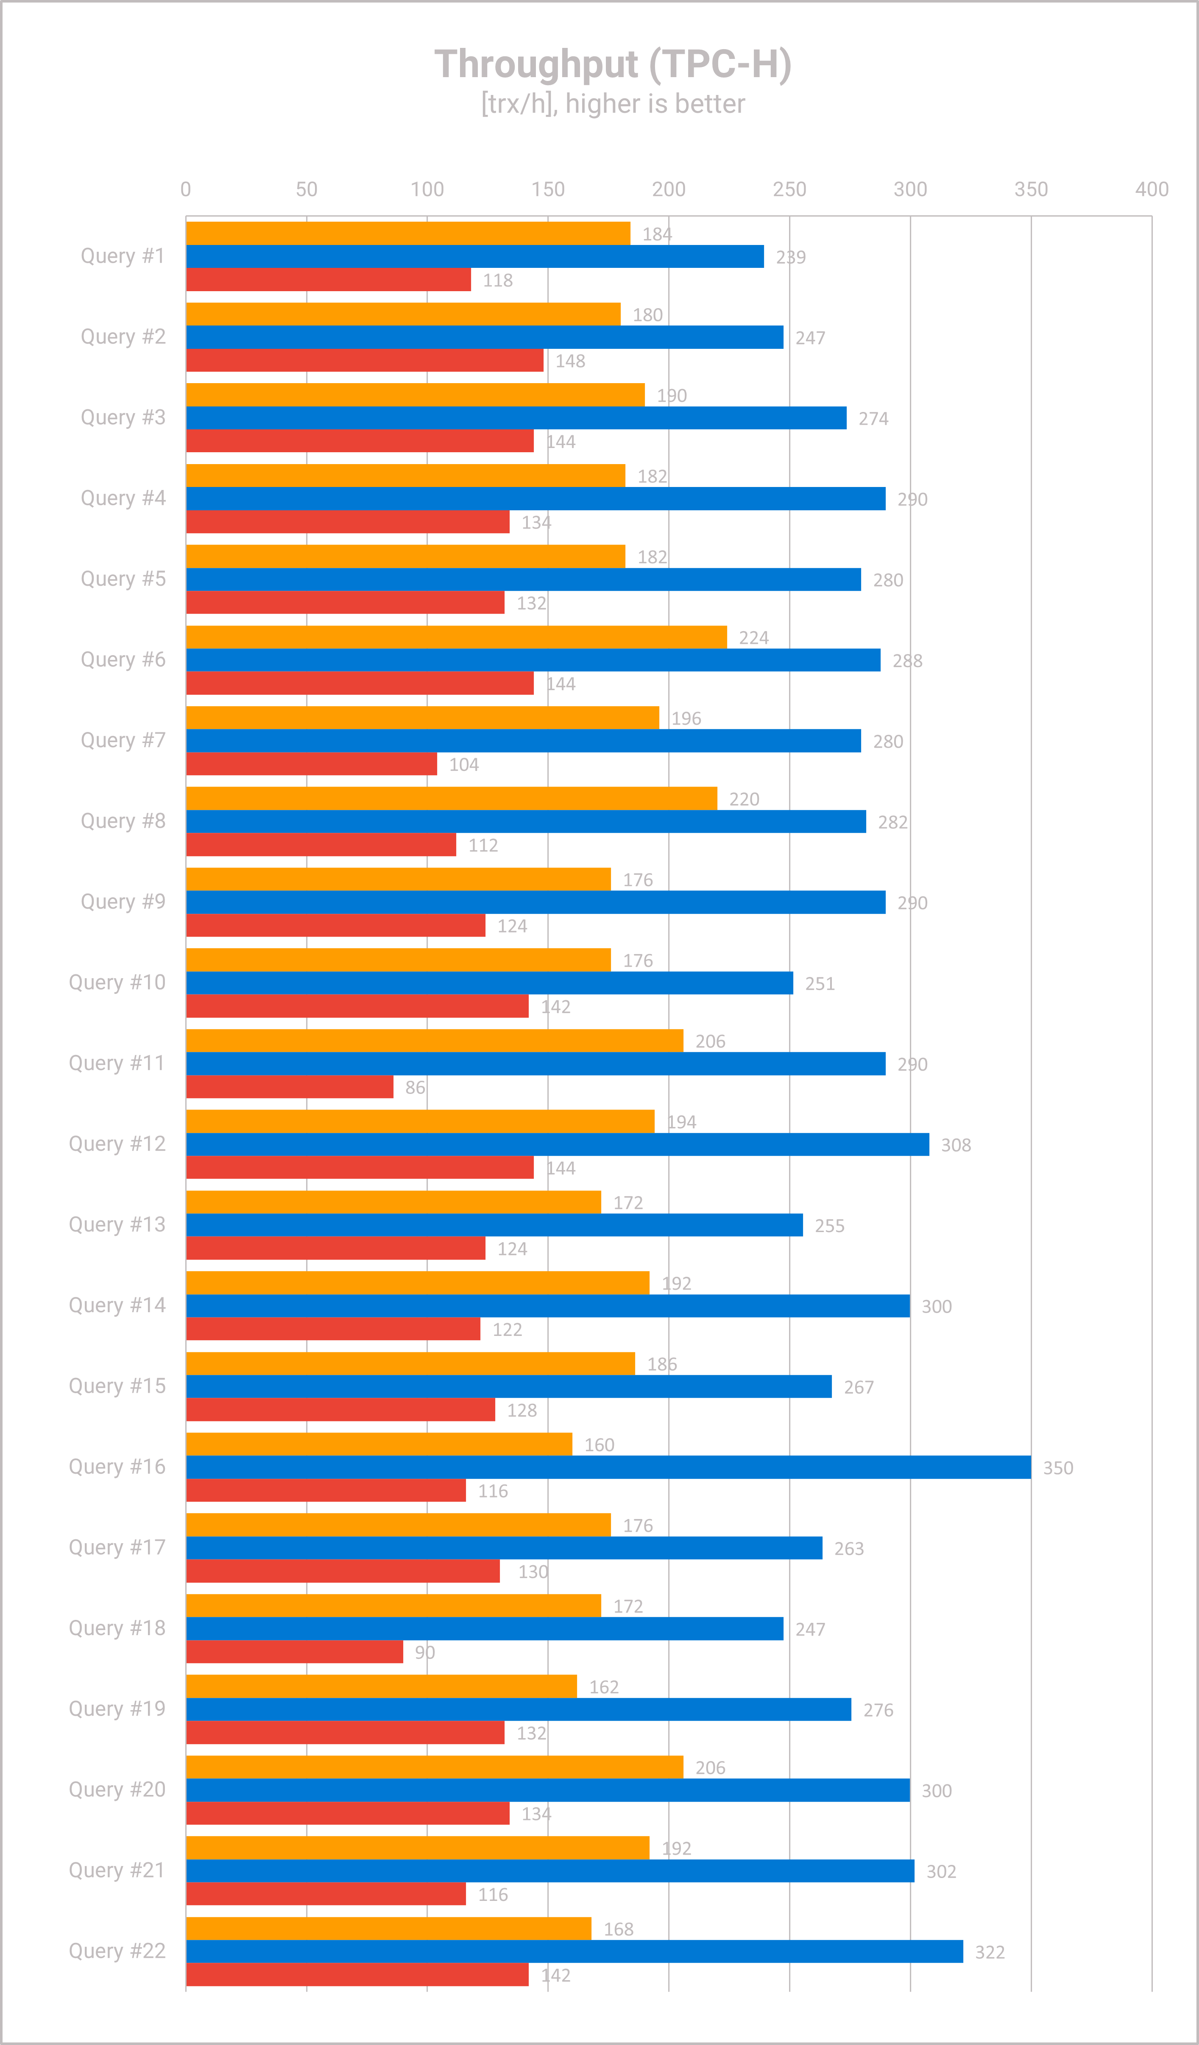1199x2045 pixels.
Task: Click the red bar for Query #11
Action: [x=290, y=1087]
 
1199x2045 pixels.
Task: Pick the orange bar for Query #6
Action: [x=456, y=637]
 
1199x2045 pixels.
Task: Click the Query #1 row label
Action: [x=123, y=256]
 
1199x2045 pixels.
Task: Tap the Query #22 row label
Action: [x=117, y=1951]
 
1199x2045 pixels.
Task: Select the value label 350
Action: [x=1058, y=1468]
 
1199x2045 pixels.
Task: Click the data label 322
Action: [x=990, y=1953]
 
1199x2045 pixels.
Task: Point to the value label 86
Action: [x=415, y=1088]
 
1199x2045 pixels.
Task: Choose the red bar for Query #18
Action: [x=295, y=1652]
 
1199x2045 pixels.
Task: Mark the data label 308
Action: [x=956, y=1145]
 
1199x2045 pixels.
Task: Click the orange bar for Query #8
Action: [x=452, y=799]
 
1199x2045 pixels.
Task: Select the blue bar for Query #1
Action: [x=475, y=256]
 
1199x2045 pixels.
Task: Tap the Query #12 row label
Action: [x=117, y=1144]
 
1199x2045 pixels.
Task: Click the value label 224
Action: [x=753, y=638]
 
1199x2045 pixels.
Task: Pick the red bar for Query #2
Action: [x=365, y=360]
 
